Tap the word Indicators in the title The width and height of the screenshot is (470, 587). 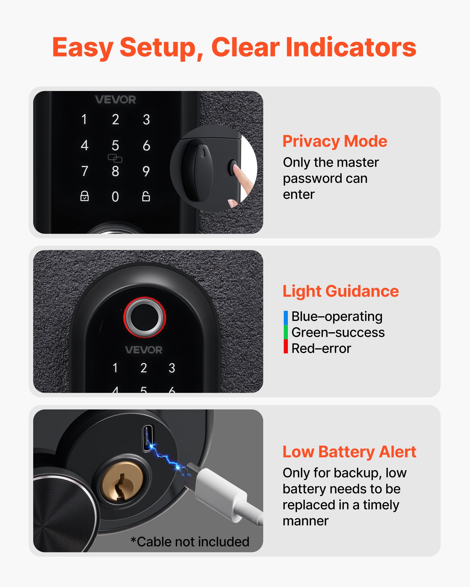(x=351, y=48)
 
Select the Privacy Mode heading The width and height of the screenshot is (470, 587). (x=335, y=141)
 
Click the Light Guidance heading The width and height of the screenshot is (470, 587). (x=340, y=291)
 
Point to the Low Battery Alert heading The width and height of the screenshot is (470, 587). (x=349, y=452)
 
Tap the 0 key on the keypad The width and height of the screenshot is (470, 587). (x=115, y=197)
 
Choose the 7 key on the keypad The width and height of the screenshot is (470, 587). (x=85, y=171)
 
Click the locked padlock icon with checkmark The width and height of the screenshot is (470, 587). (x=85, y=196)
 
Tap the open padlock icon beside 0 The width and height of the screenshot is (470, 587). (x=146, y=196)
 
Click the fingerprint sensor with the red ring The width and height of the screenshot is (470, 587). (x=145, y=317)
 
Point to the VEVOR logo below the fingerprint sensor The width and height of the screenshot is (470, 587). (x=144, y=350)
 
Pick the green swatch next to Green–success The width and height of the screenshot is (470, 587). (x=286, y=332)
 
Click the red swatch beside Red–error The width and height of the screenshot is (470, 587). (x=286, y=347)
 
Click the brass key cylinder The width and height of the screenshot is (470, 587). (x=121, y=482)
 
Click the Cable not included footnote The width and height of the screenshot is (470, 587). (x=190, y=542)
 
